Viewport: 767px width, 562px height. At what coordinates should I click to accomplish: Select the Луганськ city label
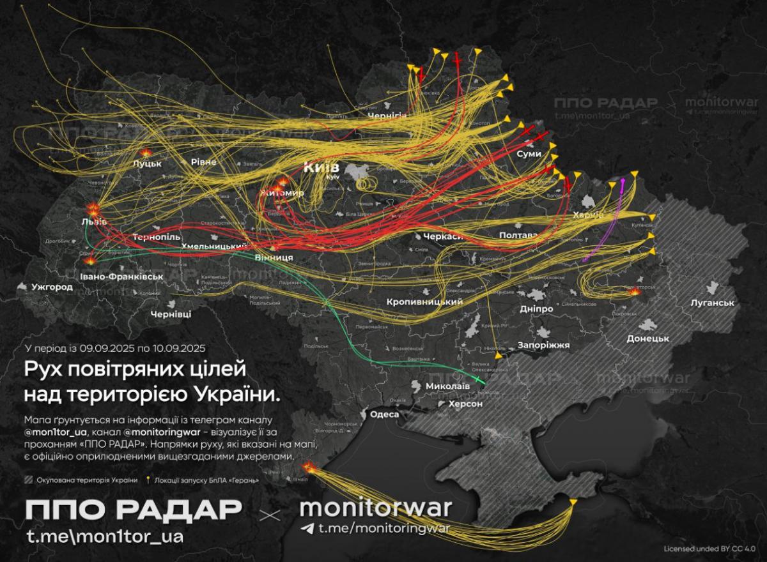click(711, 303)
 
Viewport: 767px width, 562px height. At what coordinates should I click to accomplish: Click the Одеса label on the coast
click(384, 414)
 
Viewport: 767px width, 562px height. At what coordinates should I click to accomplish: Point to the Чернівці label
click(171, 315)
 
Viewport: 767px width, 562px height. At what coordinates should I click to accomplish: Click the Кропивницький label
click(424, 301)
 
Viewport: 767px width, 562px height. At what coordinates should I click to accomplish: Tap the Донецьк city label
click(647, 338)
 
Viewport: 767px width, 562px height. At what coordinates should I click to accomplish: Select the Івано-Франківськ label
click(122, 277)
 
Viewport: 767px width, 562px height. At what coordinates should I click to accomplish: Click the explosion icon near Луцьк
click(147, 153)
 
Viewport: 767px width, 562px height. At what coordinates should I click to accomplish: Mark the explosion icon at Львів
click(93, 209)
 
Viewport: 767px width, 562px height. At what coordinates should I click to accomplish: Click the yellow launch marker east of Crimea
click(573, 503)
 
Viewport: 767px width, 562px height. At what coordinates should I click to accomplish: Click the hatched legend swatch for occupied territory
click(28, 480)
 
